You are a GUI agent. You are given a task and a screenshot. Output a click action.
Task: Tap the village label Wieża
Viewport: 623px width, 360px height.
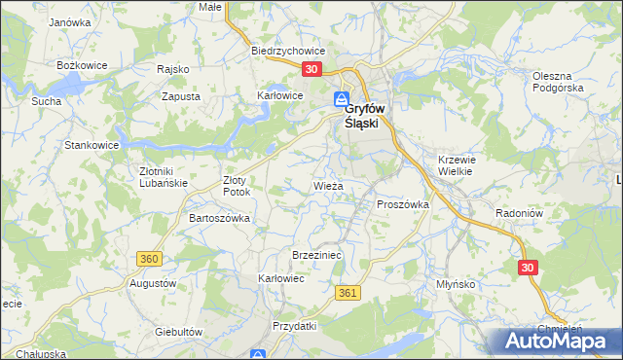(327, 184)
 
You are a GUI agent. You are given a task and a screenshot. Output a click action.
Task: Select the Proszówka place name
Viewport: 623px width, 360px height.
(403, 204)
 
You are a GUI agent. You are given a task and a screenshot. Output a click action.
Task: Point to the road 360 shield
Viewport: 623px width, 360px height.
(149, 259)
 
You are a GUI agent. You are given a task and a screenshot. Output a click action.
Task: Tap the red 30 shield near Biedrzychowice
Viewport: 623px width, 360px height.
(311, 70)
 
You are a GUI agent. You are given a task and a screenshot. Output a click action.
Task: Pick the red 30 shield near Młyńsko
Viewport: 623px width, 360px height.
(528, 267)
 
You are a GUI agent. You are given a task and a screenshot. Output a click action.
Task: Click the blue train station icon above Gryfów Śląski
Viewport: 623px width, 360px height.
(342, 99)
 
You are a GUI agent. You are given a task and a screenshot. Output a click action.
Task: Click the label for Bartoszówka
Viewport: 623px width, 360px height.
(219, 218)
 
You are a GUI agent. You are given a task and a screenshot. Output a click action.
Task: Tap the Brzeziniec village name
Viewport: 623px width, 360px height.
(314, 254)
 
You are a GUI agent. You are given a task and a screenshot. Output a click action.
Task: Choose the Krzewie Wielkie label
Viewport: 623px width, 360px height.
(455, 165)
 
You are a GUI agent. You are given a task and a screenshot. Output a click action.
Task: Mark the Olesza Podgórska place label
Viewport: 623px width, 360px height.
(558, 82)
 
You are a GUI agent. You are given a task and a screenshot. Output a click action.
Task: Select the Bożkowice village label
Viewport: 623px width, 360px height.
(81, 64)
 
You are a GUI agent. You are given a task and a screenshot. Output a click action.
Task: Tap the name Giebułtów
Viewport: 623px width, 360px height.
(178, 331)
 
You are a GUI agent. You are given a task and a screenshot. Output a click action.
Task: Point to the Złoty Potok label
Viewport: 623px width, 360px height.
(238, 186)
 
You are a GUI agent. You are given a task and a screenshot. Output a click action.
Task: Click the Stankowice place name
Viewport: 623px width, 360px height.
(92, 145)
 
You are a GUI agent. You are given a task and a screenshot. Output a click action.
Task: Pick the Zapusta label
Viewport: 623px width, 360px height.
(181, 97)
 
